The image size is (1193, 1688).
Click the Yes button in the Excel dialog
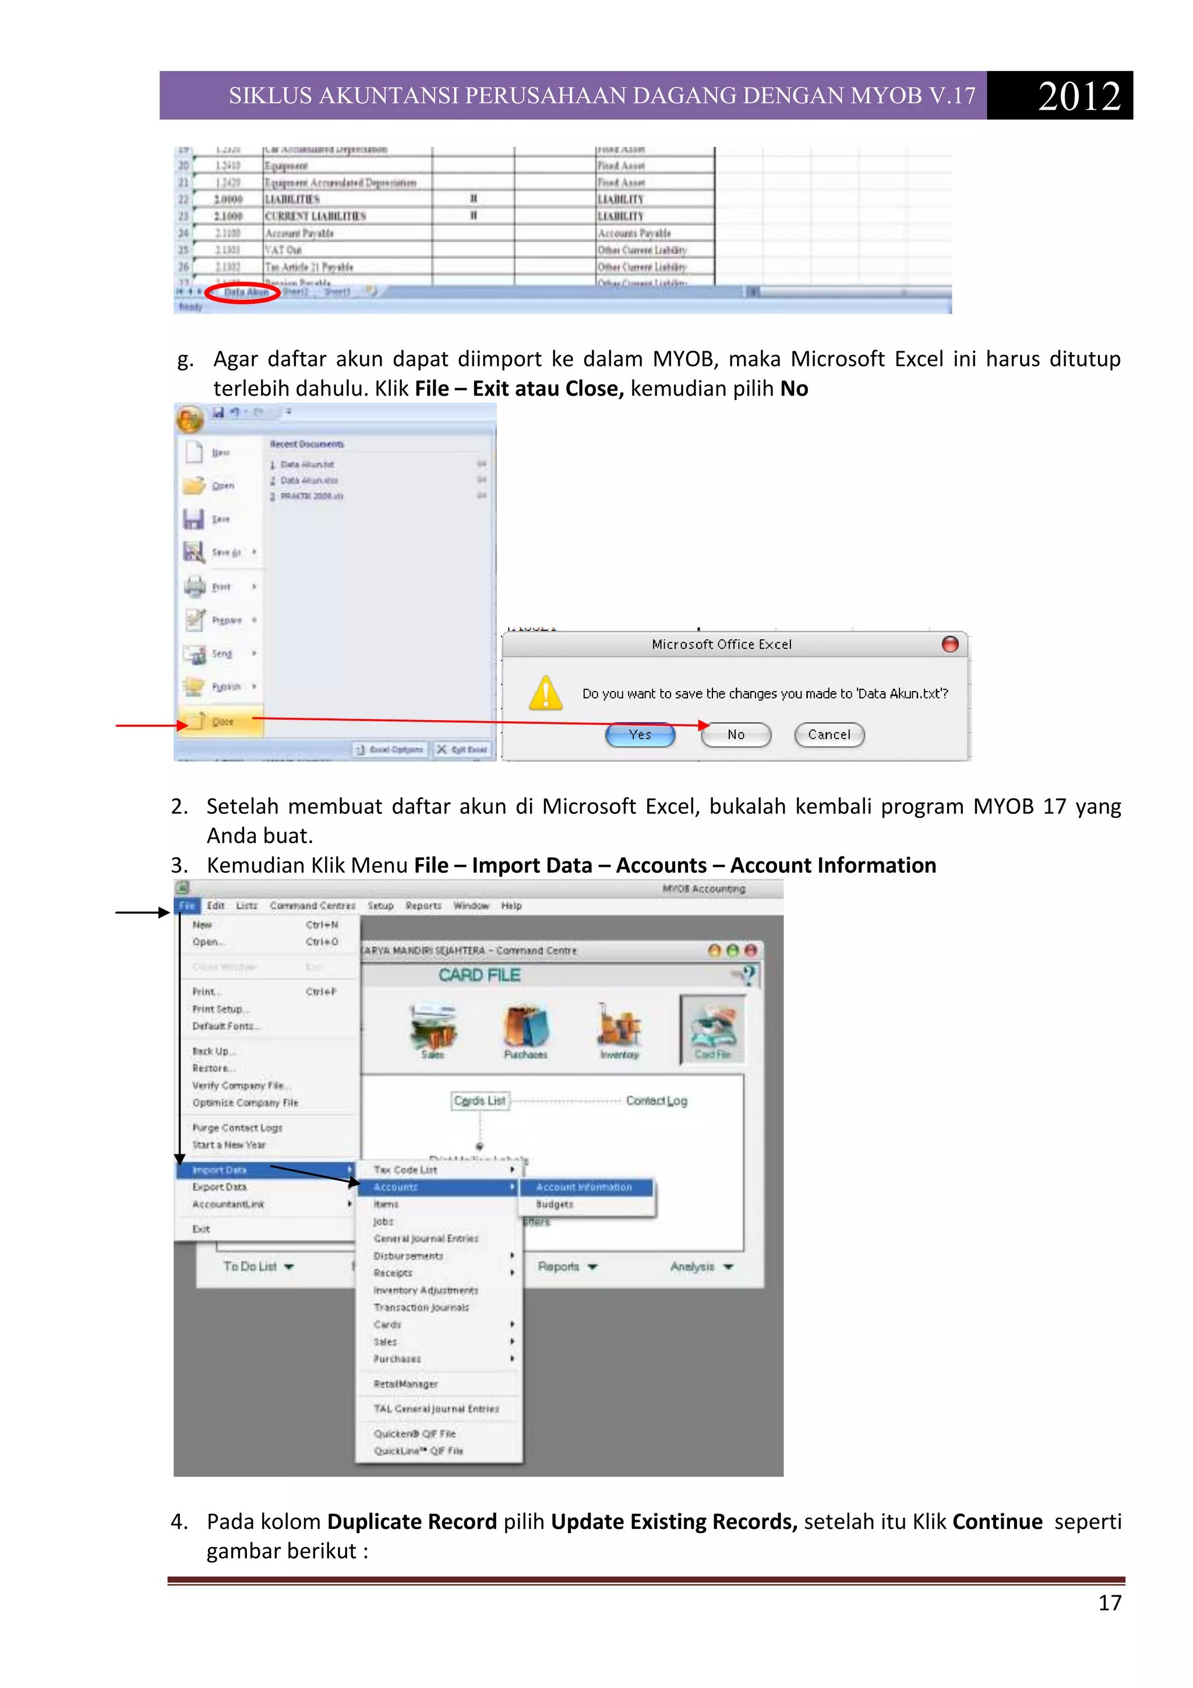coord(640,734)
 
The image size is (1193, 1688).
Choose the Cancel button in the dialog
coord(828,734)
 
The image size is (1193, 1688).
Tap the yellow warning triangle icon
coord(545,693)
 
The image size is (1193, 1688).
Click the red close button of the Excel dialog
coord(950,644)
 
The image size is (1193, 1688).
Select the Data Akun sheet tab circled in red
coord(245,292)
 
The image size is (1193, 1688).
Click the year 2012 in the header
coord(1078,96)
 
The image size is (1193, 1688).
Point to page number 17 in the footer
coord(1109,1603)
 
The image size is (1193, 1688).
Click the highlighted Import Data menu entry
coord(219,1169)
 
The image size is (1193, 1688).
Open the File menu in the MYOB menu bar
coord(187,905)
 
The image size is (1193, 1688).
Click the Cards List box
coord(479,1101)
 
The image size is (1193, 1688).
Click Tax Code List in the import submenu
coord(405,1169)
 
